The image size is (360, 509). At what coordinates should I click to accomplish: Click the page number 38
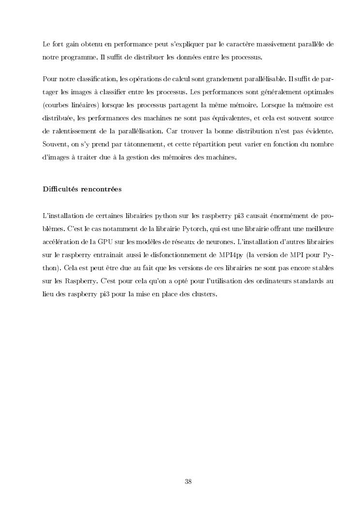click(188, 481)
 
